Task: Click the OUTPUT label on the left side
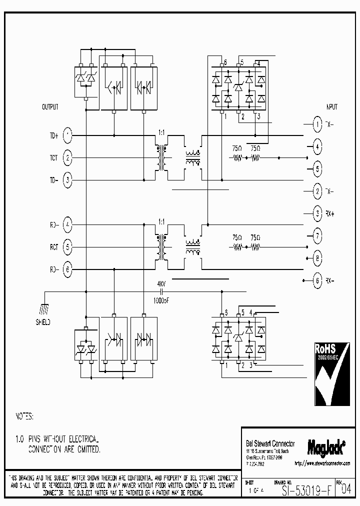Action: pyautogui.click(x=50, y=107)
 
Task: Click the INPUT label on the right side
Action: pyautogui.click(x=331, y=107)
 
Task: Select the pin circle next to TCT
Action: pyautogui.click(x=68, y=158)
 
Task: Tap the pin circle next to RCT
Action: pyautogui.click(x=68, y=246)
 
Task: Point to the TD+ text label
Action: pyautogui.click(x=53, y=135)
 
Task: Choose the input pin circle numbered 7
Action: pyautogui.click(x=317, y=235)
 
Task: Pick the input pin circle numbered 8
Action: pyautogui.click(x=317, y=258)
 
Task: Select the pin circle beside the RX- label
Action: pyautogui.click(x=317, y=280)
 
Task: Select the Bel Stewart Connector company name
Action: pyautogui.click(x=270, y=443)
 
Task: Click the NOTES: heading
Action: pyautogui.click(x=24, y=416)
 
